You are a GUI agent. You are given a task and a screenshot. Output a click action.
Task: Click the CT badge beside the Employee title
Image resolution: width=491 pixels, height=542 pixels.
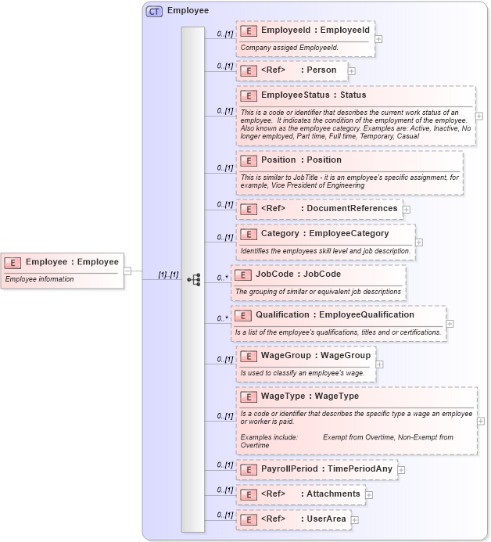coord(154,12)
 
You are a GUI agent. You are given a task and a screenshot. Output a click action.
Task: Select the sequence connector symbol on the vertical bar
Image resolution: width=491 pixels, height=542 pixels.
coord(194,278)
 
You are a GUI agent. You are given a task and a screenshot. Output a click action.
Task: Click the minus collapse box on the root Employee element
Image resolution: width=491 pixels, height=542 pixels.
coord(127,271)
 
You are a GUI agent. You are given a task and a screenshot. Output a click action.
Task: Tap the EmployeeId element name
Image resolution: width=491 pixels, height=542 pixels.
coord(315,31)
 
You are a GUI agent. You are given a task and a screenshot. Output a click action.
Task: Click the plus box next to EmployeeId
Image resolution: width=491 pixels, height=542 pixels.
coord(378,38)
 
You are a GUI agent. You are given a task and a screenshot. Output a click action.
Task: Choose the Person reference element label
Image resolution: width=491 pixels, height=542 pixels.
coord(299,70)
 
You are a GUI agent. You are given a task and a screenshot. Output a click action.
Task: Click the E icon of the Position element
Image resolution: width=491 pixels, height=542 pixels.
coord(249,160)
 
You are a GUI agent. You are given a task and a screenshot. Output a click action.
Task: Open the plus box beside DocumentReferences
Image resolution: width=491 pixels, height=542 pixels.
coord(407,210)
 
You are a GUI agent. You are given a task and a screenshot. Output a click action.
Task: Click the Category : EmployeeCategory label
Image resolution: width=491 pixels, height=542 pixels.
coord(324,233)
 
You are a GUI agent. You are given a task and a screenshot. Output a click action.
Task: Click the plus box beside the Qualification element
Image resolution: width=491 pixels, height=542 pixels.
coord(450,323)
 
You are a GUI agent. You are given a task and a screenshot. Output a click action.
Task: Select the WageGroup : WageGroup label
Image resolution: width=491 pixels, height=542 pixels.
coord(316,356)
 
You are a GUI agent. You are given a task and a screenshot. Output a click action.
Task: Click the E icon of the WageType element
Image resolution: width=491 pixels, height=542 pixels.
coord(249,397)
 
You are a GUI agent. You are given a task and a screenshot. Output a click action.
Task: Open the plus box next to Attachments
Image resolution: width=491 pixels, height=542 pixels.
coord(369,494)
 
